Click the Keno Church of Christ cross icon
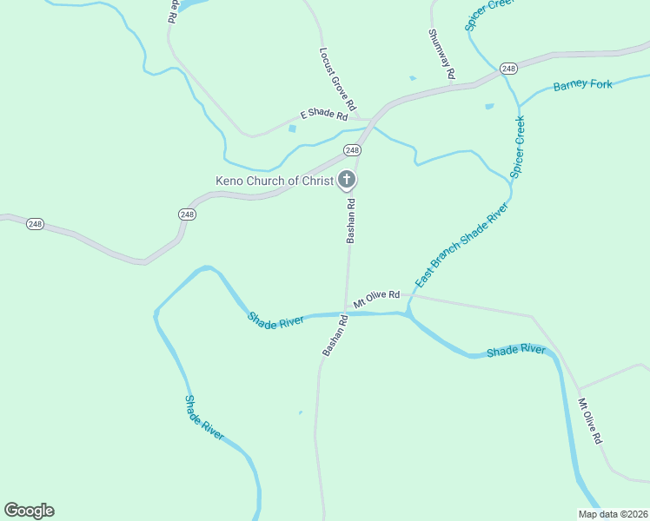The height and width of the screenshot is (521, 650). click(347, 181)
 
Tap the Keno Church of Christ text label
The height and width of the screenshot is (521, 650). click(275, 181)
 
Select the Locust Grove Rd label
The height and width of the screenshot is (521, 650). click(338, 82)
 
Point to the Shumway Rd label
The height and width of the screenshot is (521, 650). click(441, 54)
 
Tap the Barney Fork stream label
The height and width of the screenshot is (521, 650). click(583, 85)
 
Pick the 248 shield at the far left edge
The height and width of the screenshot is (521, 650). click(35, 224)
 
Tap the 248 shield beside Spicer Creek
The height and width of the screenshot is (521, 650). click(509, 68)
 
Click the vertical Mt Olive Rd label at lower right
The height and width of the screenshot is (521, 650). click(590, 422)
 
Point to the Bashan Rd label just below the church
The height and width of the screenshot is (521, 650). click(351, 221)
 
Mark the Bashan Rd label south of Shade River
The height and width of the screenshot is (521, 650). click(335, 335)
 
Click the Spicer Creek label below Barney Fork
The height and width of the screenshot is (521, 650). click(518, 148)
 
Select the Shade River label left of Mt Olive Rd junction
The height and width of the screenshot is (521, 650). click(275, 320)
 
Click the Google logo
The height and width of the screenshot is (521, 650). click(29, 511)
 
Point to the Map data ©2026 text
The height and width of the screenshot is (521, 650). click(614, 514)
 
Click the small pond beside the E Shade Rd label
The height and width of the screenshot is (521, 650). click(292, 129)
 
